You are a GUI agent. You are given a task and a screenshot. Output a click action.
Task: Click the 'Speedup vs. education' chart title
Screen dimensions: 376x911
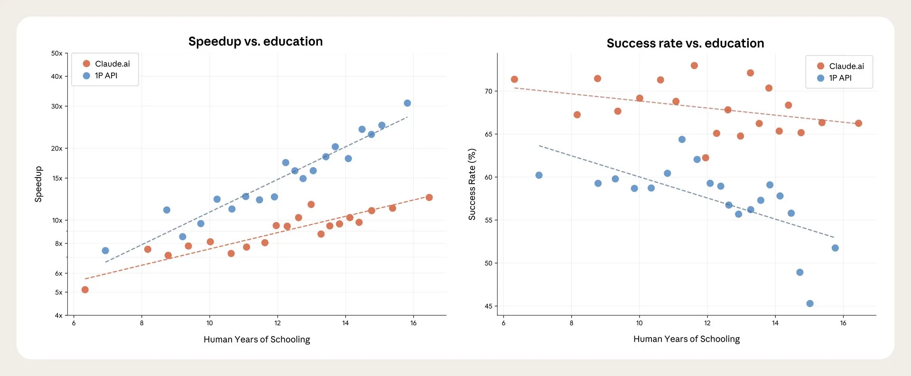255,42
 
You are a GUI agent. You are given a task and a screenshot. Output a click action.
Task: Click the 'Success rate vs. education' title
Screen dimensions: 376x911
685,44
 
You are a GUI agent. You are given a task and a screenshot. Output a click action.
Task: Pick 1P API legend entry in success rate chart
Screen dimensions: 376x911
840,78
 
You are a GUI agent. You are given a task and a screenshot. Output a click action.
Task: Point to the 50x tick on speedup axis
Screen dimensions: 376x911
57,53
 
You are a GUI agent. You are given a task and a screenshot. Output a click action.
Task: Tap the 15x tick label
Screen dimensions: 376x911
57,178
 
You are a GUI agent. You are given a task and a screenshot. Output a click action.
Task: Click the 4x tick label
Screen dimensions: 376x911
58,315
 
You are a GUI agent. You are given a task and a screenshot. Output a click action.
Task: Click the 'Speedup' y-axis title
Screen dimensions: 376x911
38,184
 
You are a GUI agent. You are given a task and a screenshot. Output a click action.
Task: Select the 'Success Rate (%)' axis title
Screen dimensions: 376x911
472,184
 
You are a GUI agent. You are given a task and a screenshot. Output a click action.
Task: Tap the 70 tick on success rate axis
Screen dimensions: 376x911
488,91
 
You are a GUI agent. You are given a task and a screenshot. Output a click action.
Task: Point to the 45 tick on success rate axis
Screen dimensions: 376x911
488,306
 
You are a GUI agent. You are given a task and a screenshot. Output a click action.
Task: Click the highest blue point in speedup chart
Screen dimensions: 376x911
407,103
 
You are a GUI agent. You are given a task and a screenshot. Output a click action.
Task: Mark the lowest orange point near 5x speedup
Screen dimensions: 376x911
85,290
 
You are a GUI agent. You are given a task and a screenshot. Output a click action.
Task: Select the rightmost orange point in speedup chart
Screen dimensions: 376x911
429,197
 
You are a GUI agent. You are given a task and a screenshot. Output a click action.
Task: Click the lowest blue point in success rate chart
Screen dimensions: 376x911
810,303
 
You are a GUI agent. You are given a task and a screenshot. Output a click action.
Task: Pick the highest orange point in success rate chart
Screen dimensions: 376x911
694,66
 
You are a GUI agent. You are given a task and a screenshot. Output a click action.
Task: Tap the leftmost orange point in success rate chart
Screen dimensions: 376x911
514,79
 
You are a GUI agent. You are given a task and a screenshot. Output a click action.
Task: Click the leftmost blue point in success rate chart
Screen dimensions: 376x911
539,175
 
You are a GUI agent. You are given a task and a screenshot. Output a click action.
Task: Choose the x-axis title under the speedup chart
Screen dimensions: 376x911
257,339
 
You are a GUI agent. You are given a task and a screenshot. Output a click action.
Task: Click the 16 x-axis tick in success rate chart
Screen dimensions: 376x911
843,323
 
